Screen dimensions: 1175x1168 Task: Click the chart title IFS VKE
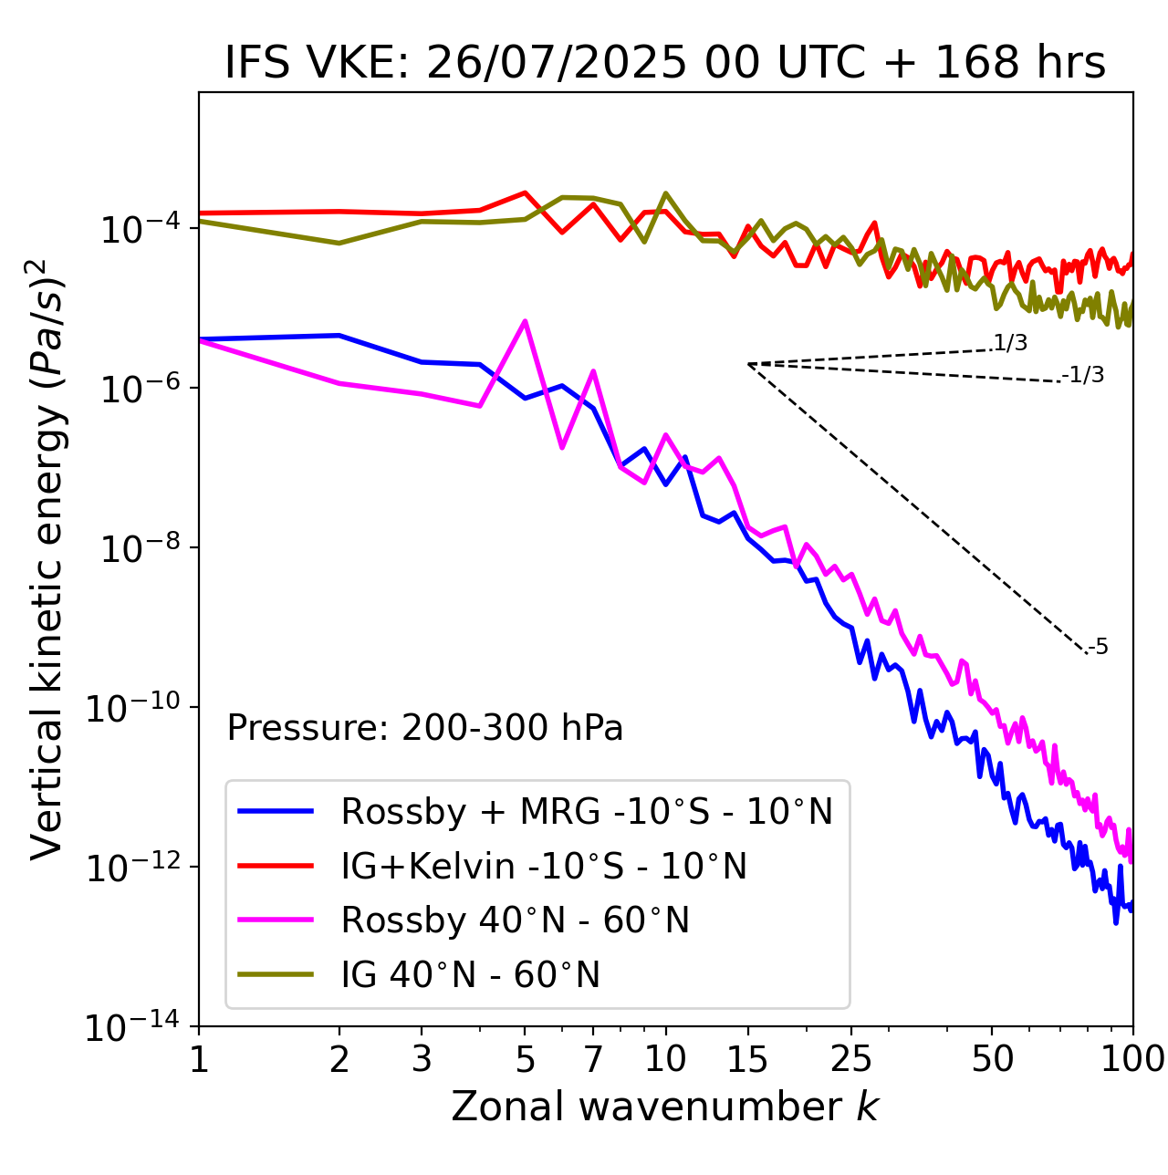[x=664, y=64]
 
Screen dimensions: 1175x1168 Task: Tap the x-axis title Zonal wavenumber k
[x=664, y=1107]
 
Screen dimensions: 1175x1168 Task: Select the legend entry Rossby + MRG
[x=587, y=811]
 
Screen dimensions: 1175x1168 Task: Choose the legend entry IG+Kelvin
[x=544, y=866]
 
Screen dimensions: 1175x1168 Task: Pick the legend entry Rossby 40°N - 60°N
[x=515, y=920]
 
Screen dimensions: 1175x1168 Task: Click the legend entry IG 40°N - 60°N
[x=470, y=975]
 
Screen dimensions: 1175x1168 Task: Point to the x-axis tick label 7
[x=593, y=1059]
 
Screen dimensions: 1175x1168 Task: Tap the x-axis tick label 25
[x=850, y=1059]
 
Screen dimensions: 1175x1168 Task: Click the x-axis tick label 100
[x=1132, y=1059]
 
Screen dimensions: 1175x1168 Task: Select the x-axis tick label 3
[x=422, y=1059]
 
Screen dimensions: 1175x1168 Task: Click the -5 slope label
[x=1098, y=648]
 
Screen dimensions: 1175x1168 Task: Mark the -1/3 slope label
[x=1083, y=375]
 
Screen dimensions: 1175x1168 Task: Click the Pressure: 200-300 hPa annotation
[x=424, y=728]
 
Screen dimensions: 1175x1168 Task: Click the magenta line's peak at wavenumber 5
[x=525, y=321]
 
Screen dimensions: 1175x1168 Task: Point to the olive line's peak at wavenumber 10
[x=665, y=193]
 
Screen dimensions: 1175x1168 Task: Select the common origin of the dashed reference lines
[x=748, y=364]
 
